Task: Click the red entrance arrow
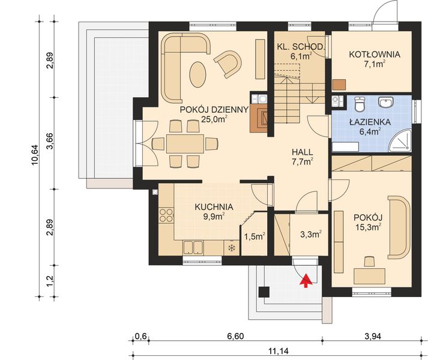306,281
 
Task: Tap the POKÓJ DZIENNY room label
214,110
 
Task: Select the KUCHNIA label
214,207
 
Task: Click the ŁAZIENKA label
370,122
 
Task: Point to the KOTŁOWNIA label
375,55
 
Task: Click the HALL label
303,152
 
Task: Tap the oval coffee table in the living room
197,74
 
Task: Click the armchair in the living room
228,64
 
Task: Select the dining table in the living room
185,143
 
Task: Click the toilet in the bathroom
360,104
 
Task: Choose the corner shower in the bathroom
400,140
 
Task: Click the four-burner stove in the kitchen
166,215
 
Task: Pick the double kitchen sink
193,248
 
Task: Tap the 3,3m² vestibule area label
311,234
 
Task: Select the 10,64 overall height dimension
36,154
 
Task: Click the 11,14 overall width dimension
278,351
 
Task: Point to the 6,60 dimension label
235,336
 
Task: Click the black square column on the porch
264,292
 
